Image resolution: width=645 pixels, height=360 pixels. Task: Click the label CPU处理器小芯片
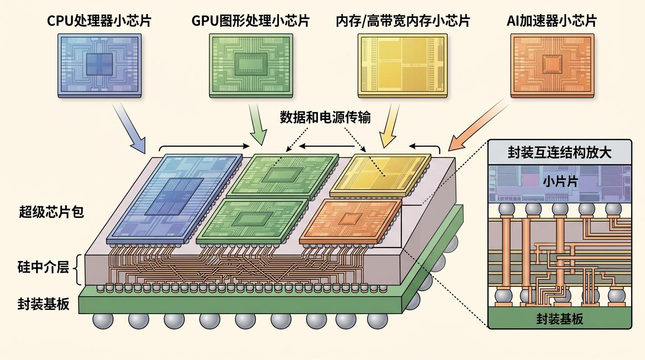(99, 21)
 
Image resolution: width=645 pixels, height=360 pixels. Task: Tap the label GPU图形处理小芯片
(250, 21)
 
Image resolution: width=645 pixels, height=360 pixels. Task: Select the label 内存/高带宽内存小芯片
(403, 21)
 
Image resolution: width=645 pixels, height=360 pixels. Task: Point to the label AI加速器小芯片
(552, 21)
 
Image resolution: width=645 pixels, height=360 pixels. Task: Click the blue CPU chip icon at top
(100, 66)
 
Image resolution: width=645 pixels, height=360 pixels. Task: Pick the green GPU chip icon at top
(251, 66)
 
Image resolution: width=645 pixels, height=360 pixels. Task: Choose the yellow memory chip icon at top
(403, 66)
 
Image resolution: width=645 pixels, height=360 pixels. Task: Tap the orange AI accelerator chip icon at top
(552, 66)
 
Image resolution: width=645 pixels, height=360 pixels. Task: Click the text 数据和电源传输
(325, 117)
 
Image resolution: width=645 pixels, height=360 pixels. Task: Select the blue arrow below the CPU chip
(129, 128)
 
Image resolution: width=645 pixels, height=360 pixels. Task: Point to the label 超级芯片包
(51, 212)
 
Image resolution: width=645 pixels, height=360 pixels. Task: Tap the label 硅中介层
(43, 267)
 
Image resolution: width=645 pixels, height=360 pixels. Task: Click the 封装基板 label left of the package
(43, 304)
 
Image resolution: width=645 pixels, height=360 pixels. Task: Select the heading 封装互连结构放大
(560, 152)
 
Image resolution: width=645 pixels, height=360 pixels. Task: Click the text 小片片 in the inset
(560, 182)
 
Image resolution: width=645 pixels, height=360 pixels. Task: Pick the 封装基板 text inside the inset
(560, 319)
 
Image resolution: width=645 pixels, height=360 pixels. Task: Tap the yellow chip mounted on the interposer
(380, 175)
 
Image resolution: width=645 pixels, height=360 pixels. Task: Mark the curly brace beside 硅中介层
(76, 269)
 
